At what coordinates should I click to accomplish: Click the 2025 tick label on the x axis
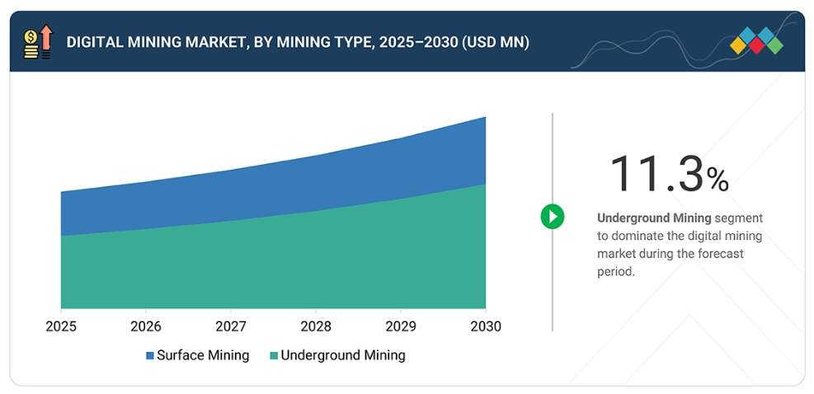61,326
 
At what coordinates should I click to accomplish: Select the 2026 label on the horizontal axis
146,326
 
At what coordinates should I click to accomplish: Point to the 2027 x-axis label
231,326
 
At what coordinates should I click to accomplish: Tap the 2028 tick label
316,326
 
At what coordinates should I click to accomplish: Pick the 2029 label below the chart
401,326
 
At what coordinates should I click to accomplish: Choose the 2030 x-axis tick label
485,326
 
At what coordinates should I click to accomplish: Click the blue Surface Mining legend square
150,356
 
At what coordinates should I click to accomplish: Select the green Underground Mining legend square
274,356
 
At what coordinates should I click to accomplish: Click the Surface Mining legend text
203,356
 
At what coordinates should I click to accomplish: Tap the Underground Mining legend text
343,356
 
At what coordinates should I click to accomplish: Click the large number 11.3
656,175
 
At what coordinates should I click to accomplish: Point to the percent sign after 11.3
718,180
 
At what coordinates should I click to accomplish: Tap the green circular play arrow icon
552,217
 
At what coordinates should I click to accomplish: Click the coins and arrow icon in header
38,41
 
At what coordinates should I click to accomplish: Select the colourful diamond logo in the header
757,41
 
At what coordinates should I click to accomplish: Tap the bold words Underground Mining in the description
654,218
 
